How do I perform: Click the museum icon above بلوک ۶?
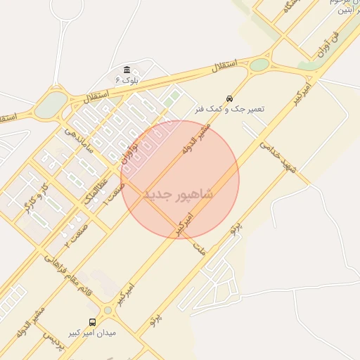click(x=126, y=70)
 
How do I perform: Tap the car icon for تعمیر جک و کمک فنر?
click(x=230, y=98)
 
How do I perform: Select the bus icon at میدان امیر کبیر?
click(x=92, y=323)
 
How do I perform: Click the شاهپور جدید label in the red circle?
click(x=178, y=193)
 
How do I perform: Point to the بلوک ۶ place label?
click(x=125, y=80)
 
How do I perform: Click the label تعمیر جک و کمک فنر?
click(x=230, y=110)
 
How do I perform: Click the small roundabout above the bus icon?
click(x=108, y=310)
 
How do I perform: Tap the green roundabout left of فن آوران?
click(x=259, y=65)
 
